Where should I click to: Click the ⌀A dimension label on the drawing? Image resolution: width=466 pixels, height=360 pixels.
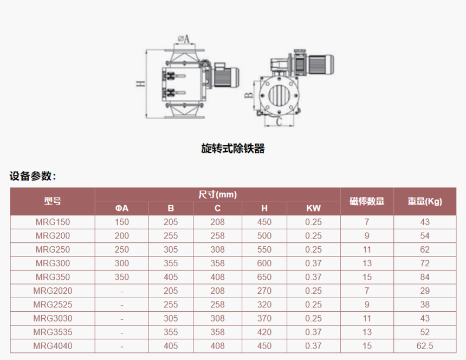pos(184,38)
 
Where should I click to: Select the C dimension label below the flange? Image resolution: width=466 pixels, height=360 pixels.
pos(279,121)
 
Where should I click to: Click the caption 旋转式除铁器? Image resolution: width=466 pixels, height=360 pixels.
pos(232,149)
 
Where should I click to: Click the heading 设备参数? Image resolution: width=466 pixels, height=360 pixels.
pos(33,176)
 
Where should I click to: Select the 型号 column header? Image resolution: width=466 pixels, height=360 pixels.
pos(53,201)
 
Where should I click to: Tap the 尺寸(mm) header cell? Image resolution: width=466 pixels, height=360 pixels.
pos(217,195)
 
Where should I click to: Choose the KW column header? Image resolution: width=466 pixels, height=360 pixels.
pos(314,208)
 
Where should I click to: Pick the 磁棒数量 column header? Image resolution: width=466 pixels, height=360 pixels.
pos(367,201)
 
